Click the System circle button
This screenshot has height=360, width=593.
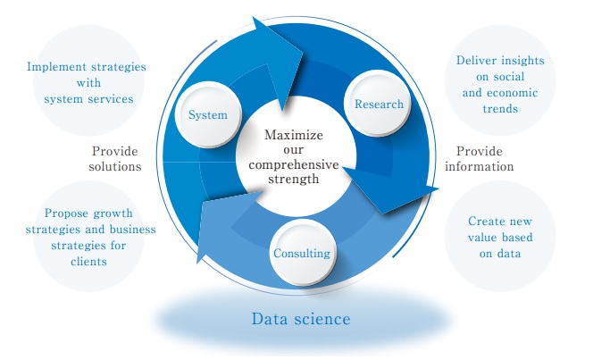click(x=208, y=114)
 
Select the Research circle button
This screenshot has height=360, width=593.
click(x=379, y=104)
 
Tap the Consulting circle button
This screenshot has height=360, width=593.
click(x=302, y=253)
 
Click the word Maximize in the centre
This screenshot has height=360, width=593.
click(x=294, y=135)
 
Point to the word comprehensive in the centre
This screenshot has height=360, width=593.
click(x=294, y=165)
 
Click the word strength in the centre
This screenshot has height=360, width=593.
click(x=294, y=179)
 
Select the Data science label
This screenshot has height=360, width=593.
click(x=301, y=319)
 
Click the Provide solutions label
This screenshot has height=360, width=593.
click(x=115, y=159)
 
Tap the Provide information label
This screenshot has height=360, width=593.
click(x=480, y=159)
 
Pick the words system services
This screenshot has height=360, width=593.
click(x=89, y=99)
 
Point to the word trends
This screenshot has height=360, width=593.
click(x=500, y=109)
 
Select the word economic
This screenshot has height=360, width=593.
click(x=513, y=93)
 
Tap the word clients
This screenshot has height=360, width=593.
click(x=89, y=262)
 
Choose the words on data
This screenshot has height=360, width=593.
click(x=500, y=254)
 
